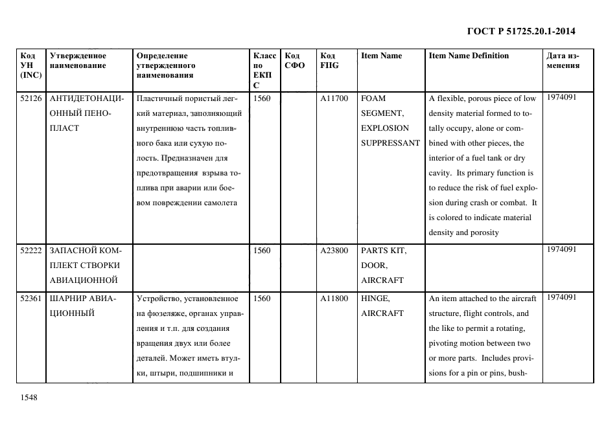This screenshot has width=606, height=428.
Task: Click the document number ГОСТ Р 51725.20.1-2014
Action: [x=521, y=31]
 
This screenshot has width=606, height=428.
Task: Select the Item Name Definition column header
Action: [x=469, y=56]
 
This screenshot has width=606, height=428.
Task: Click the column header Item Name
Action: [x=381, y=56]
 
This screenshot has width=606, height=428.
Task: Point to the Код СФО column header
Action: [x=295, y=60]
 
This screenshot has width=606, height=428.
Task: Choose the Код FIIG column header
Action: [x=329, y=60]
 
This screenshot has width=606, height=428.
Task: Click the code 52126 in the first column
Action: [x=30, y=98]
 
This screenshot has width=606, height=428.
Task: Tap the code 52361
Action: [x=30, y=298]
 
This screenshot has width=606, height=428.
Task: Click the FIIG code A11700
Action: [x=334, y=98]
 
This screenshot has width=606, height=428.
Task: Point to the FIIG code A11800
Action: [x=334, y=298]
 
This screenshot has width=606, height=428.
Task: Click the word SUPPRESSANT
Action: [x=390, y=143]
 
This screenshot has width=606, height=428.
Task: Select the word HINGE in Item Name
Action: [x=374, y=298]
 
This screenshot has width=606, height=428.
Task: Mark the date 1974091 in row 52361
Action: [x=561, y=297]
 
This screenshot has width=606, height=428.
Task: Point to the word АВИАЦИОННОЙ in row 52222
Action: [x=83, y=280]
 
